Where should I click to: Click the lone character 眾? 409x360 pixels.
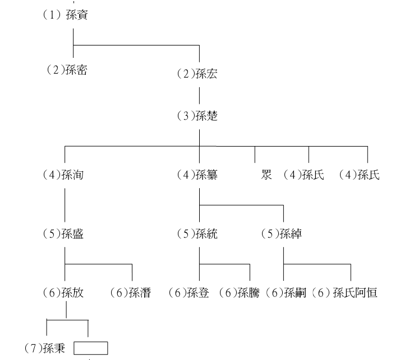click(266, 175)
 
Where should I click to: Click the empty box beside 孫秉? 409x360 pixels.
click(91, 342)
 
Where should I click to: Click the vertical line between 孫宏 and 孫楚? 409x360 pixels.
click(200, 95)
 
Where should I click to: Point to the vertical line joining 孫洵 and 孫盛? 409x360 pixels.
click(65, 205)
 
